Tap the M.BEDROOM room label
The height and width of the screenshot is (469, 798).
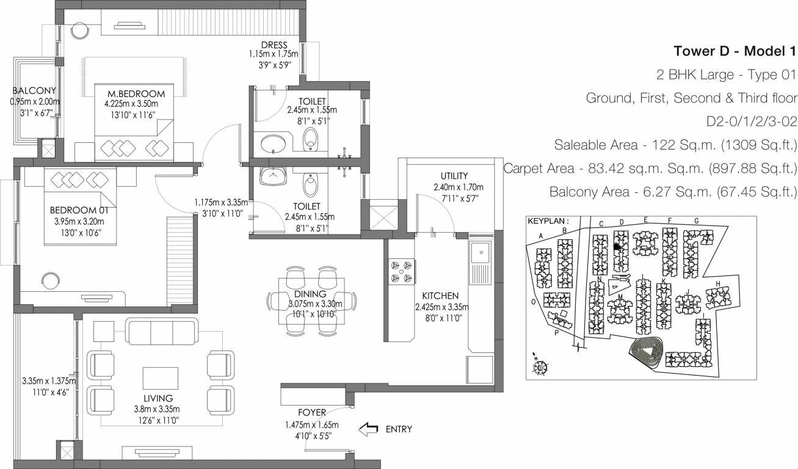pyautogui.click(x=136, y=93)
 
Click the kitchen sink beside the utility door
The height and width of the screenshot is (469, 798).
pyautogui.click(x=481, y=252)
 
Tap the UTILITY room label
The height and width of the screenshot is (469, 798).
pyautogui.click(x=454, y=176)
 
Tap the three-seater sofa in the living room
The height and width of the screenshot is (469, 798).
pyautogui.click(x=161, y=332)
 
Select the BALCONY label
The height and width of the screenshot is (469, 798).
pyautogui.click(x=34, y=91)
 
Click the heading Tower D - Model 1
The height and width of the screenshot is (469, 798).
pyautogui.click(x=735, y=50)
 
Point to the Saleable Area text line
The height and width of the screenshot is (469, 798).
pyautogui.click(x=675, y=145)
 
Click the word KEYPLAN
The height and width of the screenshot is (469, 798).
pyautogui.click(x=547, y=222)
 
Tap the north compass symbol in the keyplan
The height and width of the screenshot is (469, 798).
pyautogui.click(x=540, y=367)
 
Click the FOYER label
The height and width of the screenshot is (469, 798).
pyautogui.click(x=312, y=412)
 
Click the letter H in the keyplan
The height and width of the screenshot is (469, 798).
pyautogui.click(x=718, y=283)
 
